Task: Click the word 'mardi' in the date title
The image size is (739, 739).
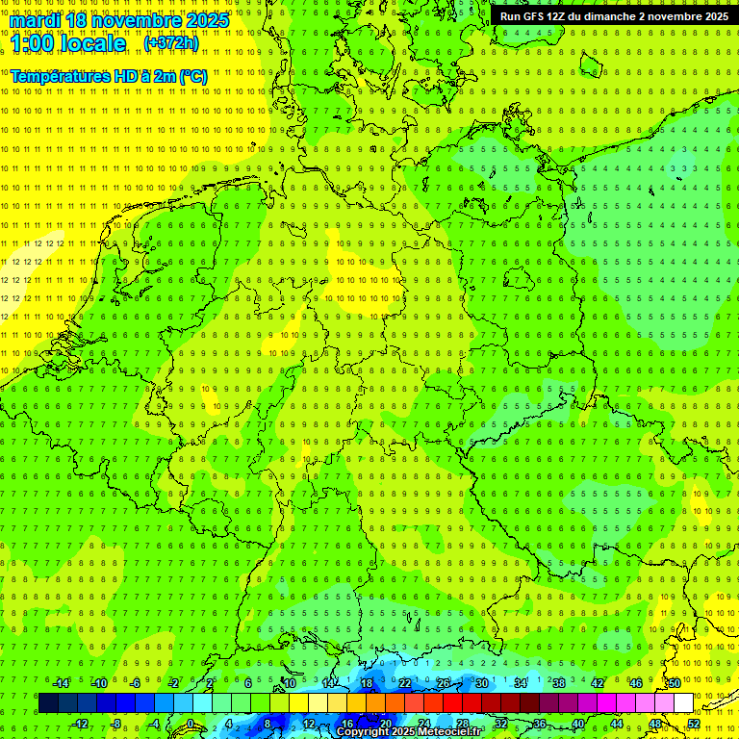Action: pos(34,20)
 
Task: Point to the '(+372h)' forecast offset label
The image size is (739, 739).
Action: pos(171,43)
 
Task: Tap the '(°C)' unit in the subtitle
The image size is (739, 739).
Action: pos(192,76)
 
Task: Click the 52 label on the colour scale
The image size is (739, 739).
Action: pos(694,724)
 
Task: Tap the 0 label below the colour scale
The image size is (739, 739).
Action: pos(191,724)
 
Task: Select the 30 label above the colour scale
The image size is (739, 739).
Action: pos(481,683)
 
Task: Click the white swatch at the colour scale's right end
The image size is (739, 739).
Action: pos(683,702)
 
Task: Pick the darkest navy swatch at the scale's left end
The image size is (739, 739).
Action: pos(48,702)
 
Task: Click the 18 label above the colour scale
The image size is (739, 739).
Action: pos(366,683)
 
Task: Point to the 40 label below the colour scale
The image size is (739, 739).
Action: pos(578,724)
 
